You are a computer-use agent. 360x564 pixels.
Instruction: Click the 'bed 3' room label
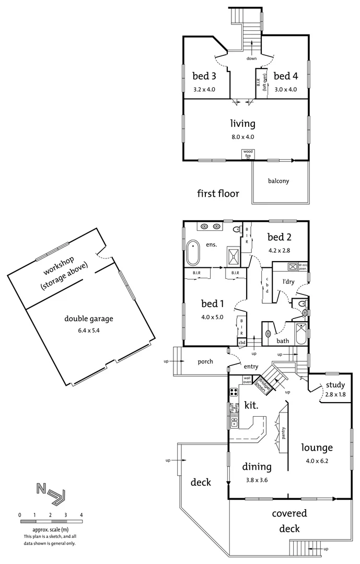(204, 76)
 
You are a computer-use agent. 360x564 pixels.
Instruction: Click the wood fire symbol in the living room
(247, 154)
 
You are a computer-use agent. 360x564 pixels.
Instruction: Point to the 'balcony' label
(278, 181)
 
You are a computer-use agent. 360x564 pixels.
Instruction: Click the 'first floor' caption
(218, 194)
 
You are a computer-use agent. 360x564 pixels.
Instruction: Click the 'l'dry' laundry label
(289, 281)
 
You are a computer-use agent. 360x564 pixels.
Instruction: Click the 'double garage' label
(89, 319)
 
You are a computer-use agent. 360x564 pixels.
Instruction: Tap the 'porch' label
(205, 361)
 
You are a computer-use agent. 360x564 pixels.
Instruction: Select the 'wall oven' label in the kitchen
(247, 380)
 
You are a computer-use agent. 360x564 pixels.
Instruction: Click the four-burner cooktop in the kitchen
(234, 393)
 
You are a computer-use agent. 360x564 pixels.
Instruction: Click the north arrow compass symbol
(51, 493)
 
